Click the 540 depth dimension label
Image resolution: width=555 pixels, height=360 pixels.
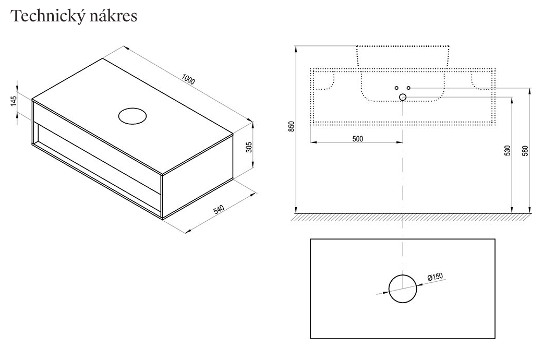click(x=219, y=210)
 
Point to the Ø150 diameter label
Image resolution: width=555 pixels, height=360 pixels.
click(x=435, y=277)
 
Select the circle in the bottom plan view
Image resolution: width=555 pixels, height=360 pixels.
click(x=403, y=289)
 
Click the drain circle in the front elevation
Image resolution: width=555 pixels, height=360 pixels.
click(x=403, y=97)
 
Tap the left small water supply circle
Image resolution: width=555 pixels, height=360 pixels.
click(x=396, y=88)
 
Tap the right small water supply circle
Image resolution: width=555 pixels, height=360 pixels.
click(x=408, y=88)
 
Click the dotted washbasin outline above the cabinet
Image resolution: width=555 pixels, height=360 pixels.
click(x=402, y=56)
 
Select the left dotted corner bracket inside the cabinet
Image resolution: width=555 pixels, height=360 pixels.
click(x=325, y=80)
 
